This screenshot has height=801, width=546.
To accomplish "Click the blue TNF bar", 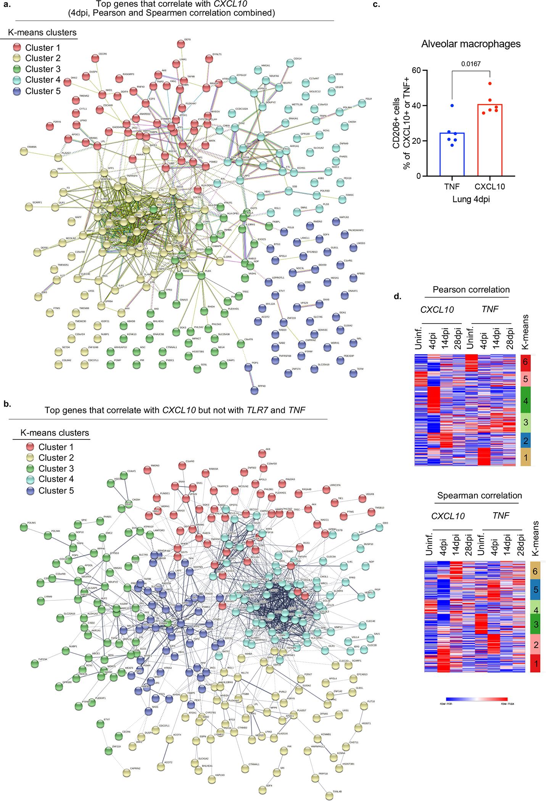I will [451, 154].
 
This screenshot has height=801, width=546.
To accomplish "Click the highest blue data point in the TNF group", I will [452, 106].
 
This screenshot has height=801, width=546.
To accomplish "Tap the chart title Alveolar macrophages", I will [471, 44].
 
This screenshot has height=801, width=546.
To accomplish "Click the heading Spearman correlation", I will [480, 495].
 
